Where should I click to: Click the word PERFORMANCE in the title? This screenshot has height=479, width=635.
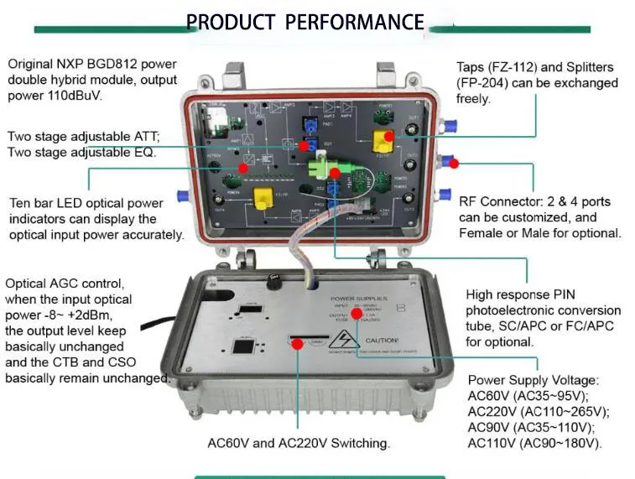pos(355,22)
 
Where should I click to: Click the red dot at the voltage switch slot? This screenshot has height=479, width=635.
pos(298,342)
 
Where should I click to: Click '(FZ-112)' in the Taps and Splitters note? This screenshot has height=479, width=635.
pos(513,66)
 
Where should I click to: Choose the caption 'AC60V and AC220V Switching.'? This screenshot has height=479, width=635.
pos(299,442)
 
